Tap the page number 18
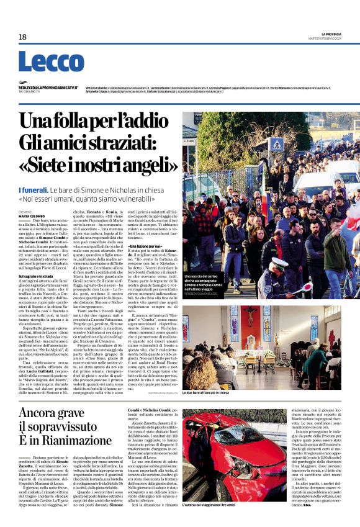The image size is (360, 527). pyautogui.click(x=22, y=37)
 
